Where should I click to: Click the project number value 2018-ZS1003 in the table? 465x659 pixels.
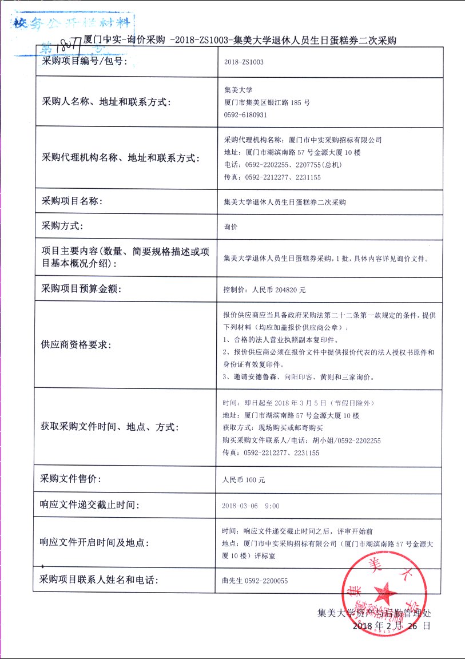[x=244, y=61]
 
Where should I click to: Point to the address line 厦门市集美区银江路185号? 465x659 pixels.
[x=268, y=102]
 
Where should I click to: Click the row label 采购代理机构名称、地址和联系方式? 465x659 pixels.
[x=120, y=158]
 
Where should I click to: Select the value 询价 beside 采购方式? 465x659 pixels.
[x=231, y=227]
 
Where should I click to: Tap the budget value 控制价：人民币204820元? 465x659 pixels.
[x=265, y=289]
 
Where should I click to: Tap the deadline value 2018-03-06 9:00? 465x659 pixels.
[x=251, y=506]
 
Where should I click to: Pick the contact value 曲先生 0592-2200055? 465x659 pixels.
[x=255, y=581]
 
